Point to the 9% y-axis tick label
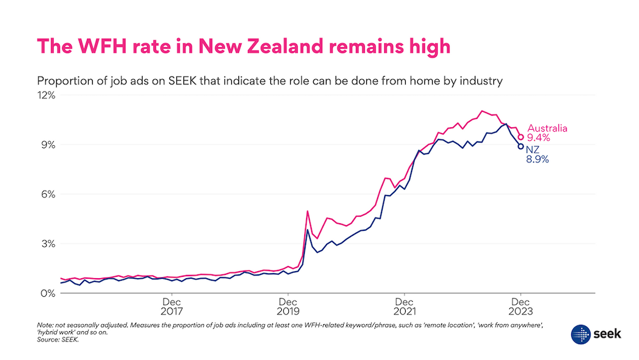tap(49, 145)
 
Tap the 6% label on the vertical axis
tap(49, 194)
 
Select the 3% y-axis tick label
tap(49, 244)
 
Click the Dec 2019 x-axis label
tap(288, 307)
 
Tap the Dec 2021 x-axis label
tap(404, 307)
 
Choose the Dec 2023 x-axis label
tap(521, 307)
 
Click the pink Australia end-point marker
tap(521, 137)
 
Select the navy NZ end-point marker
tap(521, 146)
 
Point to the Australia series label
tap(547, 128)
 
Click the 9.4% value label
tap(538, 137)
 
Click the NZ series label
tap(532, 150)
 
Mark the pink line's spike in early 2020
tap(307, 211)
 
